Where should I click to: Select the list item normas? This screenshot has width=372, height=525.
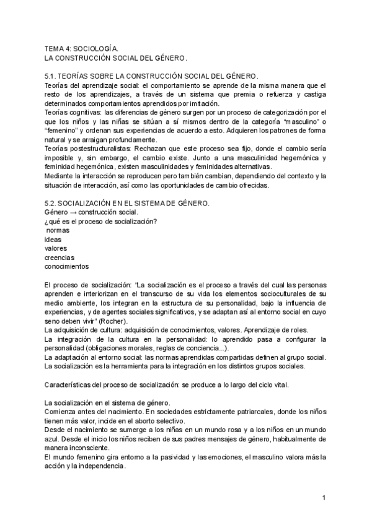[x=58, y=230]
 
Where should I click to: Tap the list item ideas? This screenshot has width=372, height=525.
[x=53, y=240]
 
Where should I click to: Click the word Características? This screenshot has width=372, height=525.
[x=69, y=384]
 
